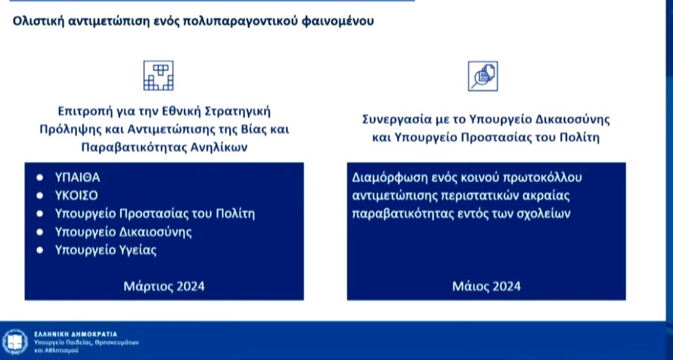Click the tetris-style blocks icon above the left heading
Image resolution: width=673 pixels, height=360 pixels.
point(158,75)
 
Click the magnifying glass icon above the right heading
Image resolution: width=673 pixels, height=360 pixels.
point(482,76)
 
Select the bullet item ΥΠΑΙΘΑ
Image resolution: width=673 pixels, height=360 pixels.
point(78,177)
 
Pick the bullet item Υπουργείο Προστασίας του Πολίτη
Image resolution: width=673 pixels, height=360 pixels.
point(155,213)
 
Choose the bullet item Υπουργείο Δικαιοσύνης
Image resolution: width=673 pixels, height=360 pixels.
point(123,231)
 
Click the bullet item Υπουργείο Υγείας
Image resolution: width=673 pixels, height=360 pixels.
point(106,250)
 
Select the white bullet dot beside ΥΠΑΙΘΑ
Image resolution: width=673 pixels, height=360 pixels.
point(39,178)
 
